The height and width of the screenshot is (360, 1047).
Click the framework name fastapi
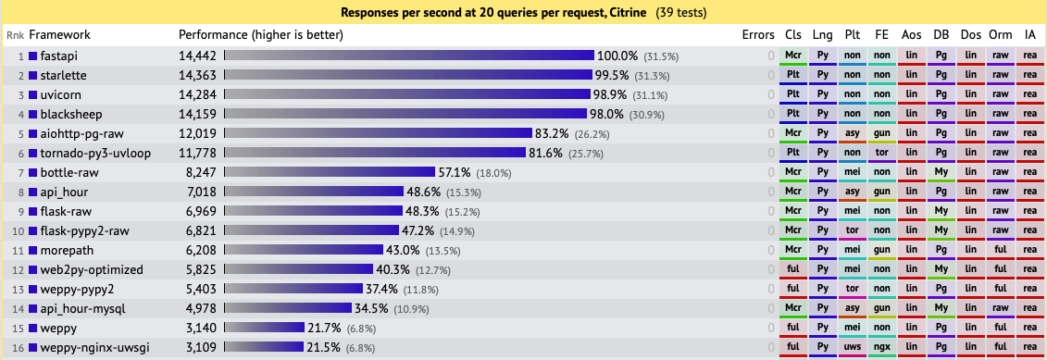(58, 56)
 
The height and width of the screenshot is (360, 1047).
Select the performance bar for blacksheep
(406, 115)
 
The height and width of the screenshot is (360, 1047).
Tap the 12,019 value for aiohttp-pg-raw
(197, 134)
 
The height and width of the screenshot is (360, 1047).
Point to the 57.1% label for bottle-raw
(455, 173)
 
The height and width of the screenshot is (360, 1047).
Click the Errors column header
(758, 35)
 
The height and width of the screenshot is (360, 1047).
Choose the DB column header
(941, 35)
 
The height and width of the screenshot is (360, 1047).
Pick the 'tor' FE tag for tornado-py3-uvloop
(882, 154)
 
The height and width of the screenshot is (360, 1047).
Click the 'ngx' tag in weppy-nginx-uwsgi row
(882, 348)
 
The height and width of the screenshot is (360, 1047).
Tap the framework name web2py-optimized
(92, 270)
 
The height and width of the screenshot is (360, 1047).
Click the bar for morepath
(305, 251)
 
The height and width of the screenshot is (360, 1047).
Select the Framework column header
(60, 35)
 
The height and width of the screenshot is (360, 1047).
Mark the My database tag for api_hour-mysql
(941, 309)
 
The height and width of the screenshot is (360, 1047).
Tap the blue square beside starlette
(33, 76)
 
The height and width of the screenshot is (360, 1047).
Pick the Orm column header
(1000, 35)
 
